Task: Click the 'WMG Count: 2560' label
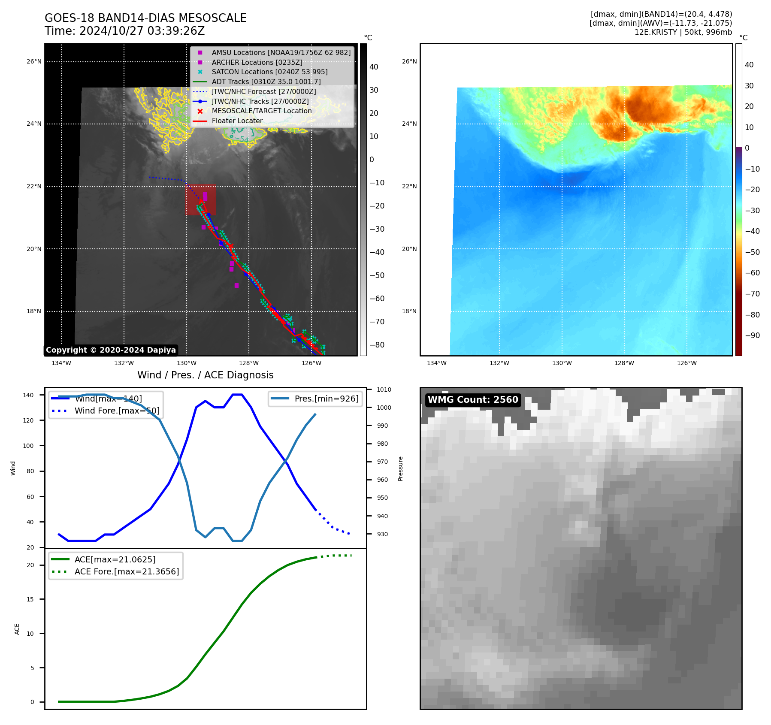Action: (473, 400)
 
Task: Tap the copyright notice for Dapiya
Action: (111, 350)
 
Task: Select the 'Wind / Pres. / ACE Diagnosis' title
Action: (205, 375)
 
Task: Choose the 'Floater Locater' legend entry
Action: (237, 121)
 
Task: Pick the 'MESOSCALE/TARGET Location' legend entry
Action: (261, 111)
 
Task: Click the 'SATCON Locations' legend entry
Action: (269, 72)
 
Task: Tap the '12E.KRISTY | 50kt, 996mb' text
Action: (683, 32)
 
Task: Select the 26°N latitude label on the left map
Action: (34, 62)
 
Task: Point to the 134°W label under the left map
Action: (61, 363)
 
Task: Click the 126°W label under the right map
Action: (686, 363)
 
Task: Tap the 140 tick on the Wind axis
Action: (28, 395)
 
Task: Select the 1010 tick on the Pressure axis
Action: (384, 390)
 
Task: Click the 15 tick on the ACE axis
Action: (30, 599)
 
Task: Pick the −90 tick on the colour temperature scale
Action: (752, 335)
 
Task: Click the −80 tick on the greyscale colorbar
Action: (377, 345)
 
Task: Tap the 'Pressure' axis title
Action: (400, 468)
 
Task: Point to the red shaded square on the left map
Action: (201, 200)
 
